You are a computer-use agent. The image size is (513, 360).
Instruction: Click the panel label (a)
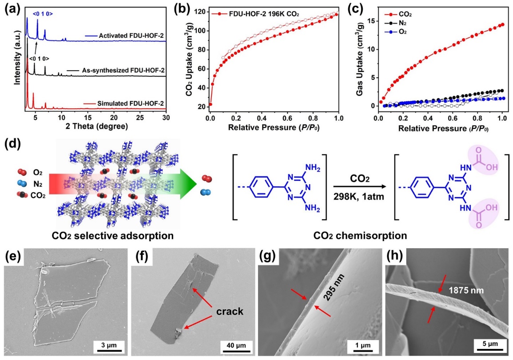[x=10, y=8]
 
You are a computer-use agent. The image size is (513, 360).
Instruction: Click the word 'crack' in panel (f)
[x=230, y=311]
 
